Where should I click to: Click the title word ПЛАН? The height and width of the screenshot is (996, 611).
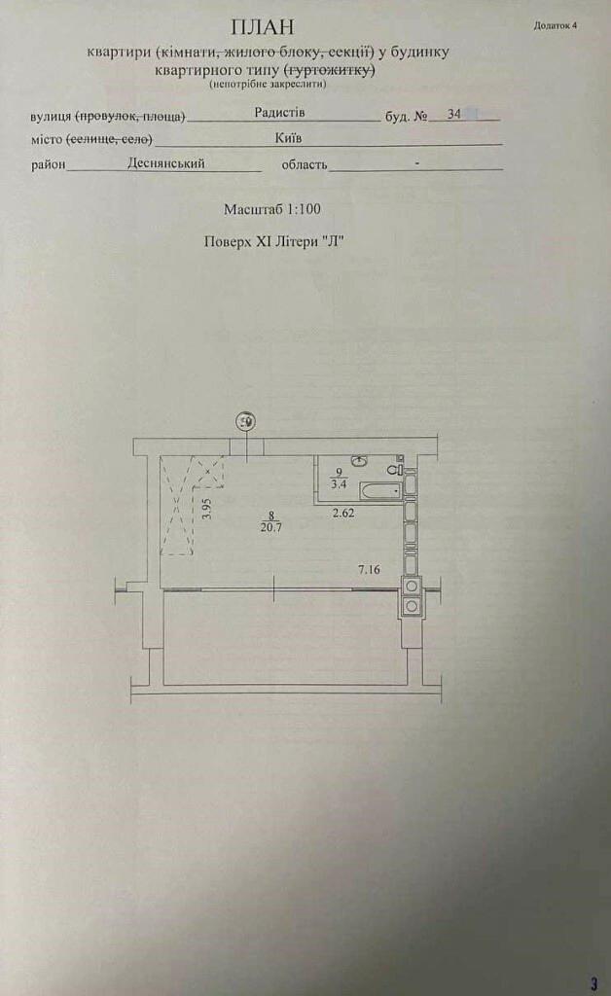[263, 26]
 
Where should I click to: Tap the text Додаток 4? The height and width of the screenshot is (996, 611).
[556, 26]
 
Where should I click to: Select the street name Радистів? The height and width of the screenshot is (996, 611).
[279, 113]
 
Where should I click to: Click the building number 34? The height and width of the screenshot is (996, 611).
[453, 115]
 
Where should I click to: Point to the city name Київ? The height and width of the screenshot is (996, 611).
[288, 138]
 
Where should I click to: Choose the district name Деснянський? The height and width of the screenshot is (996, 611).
[165, 163]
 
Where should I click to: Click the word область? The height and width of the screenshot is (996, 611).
[305, 164]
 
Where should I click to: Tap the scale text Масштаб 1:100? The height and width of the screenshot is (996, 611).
[271, 209]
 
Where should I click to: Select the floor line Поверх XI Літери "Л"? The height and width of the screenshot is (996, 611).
[273, 241]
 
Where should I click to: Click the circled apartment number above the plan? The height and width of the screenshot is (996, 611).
[245, 421]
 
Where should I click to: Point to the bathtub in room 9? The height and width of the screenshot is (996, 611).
[380, 490]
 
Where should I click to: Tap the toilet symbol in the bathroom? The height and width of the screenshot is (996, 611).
[396, 469]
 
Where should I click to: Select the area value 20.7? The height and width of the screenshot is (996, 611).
[270, 526]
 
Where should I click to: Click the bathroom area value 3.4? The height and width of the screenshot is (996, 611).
[339, 484]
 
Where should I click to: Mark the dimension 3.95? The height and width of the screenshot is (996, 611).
[206, 510]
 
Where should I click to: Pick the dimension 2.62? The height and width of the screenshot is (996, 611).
[343, 513]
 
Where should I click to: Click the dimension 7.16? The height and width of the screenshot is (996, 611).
[369, 569]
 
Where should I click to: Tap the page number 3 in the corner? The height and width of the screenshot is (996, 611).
[593, 984]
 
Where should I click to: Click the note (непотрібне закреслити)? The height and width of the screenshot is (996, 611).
[268, 84]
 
